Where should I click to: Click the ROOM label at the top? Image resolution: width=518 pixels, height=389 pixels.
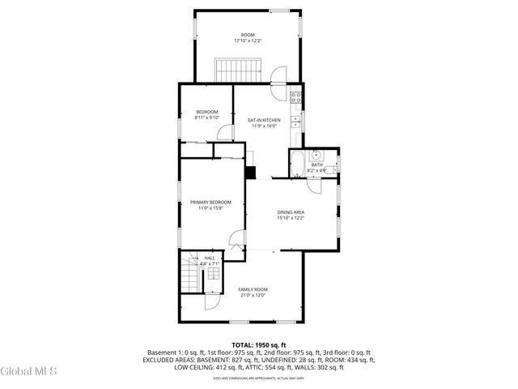point(248,35)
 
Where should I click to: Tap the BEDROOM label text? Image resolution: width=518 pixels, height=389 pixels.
point(207,112)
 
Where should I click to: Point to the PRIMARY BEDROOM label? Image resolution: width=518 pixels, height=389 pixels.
point(210,202)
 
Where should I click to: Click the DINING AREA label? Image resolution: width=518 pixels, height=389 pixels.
point(291,212)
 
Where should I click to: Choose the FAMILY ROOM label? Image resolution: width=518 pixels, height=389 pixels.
point(253,289)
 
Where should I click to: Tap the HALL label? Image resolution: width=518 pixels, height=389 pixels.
point(209,258)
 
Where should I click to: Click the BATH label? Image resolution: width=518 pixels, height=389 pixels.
point(316,165)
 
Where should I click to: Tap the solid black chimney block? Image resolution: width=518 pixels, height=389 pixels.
point(251,172)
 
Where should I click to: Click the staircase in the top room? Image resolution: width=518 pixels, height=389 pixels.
point(236,71)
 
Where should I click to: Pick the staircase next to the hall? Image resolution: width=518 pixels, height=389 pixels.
point(189,275)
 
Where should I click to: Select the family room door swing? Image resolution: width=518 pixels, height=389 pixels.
point(212,301)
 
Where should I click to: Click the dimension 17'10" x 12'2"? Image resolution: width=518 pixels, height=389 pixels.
point(248,41)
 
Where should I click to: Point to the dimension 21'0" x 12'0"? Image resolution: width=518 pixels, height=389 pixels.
point(253,295)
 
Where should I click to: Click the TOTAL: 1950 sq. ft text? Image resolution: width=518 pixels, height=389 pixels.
point(259,344)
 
